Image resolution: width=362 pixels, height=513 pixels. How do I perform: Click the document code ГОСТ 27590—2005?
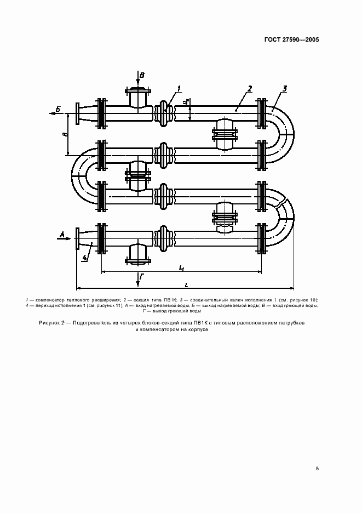click(291, 40)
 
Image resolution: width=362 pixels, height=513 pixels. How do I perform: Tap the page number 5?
click(317, 469)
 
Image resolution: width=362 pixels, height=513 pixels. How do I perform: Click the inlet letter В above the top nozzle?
click(142, 76)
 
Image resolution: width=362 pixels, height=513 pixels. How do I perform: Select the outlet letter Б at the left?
click(58, 110)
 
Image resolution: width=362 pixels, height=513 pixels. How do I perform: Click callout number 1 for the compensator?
click(179, 88)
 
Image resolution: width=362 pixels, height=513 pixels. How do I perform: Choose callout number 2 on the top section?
click(250, 88)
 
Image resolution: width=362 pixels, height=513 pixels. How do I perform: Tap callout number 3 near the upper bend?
click(285, 88)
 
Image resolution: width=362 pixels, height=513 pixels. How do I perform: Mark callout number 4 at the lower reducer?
click(85, 258)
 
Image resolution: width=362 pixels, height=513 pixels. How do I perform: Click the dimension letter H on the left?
click(65, 134)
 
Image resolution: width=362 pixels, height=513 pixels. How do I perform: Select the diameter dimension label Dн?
click(186, 102)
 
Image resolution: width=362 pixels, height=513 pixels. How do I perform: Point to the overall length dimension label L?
click(186, 285)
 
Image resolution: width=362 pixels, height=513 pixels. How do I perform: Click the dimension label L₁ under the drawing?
click(181, 267)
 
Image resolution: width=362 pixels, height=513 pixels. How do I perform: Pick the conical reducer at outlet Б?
click(88, 113)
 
